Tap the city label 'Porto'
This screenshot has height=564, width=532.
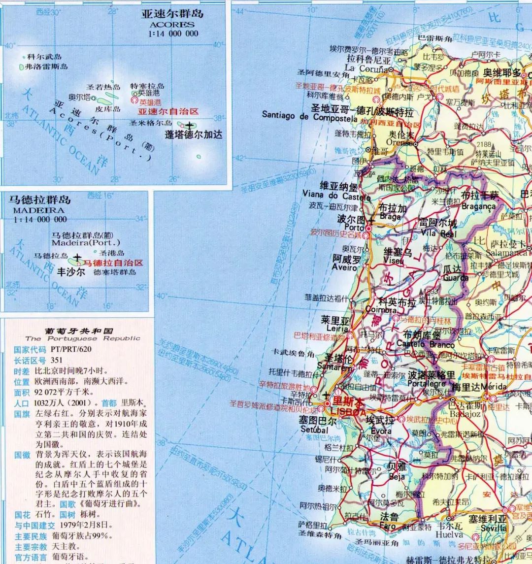click(354, 228)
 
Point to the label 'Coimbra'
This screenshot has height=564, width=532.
click(381, 310)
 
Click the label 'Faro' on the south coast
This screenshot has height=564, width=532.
click(388, 526)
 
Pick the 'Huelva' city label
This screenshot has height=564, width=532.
click(449, 534)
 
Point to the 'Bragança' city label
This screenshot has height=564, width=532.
click(479, 206)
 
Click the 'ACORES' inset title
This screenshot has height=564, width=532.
click(172, 24)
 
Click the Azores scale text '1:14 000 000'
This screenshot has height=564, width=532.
click(172, 33)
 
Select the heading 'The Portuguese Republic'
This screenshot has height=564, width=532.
click(83, 338)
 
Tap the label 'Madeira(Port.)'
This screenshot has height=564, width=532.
click(86, 243)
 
